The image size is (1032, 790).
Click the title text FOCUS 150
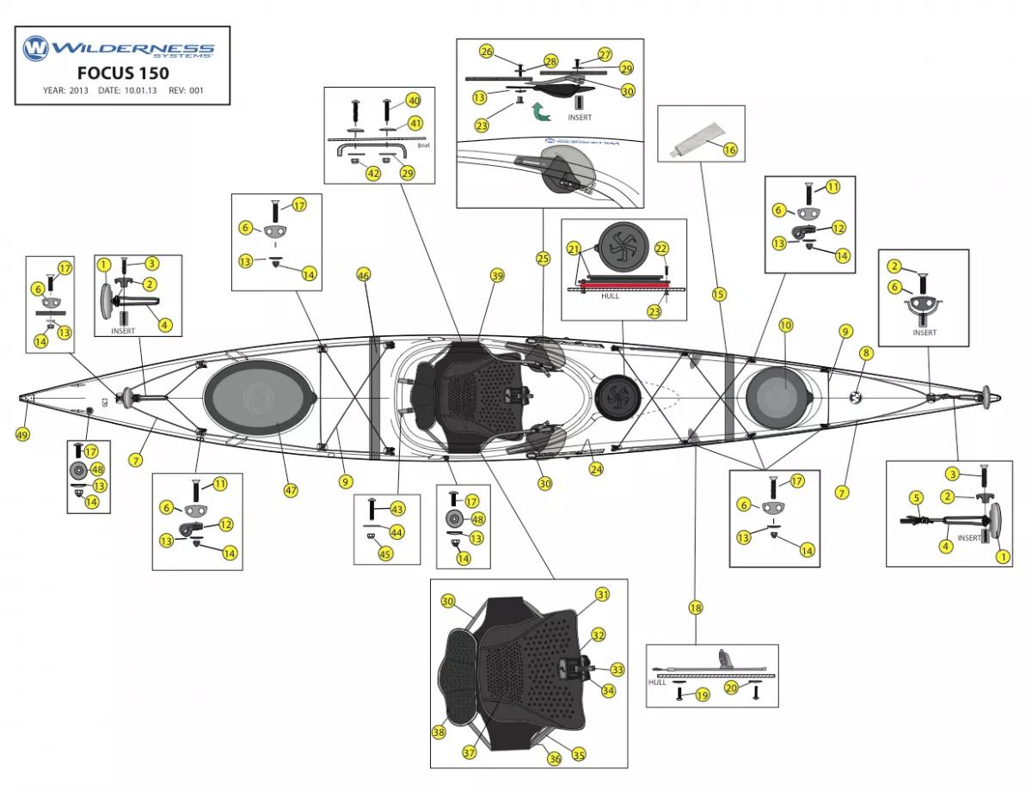click(x=123, y=72)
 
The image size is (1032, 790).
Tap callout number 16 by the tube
click(x=730, y=150)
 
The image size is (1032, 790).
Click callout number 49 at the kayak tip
click(x=22, y=435)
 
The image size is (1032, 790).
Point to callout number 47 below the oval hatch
click(x=291, y=490)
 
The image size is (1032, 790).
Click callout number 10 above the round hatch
click(x=786, y=325)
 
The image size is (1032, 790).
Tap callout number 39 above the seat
click(x=497, y=276)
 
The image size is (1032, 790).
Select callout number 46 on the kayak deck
click(x=364, y=275)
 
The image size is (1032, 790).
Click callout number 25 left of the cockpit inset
click(x=543, y=257)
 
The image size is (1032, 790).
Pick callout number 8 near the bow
click(x=866, y=352)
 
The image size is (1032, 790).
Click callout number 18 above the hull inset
click(x=696, y=608)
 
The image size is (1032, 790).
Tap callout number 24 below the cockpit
click(x=596, y=469)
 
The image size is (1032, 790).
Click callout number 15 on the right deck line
click(x=719, y=294)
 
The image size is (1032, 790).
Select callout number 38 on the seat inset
click(x=439, y=732)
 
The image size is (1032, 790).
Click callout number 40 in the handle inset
click(x=414, y=101)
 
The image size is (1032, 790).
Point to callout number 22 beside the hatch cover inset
click(x=661, y=248)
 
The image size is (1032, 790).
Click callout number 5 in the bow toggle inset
click(x=917, y=497)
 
